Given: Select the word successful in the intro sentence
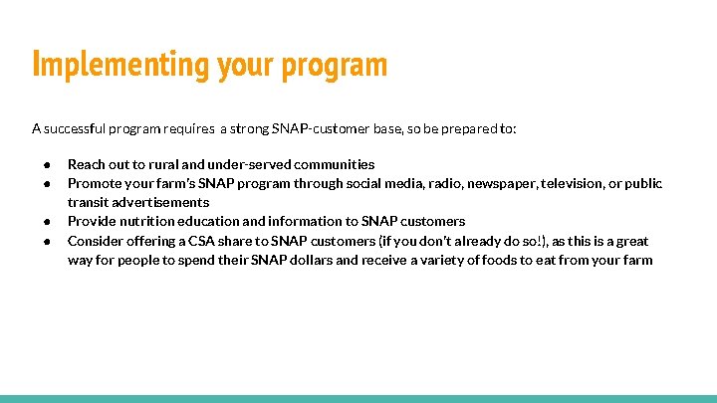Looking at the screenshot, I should (x=80, y=128).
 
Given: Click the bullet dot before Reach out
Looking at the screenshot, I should (x=46, y=164).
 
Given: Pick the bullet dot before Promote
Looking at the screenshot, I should (x=46, y=183).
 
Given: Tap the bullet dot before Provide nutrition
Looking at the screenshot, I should (x=46, y=222).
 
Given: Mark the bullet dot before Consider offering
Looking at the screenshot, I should (x=46, y=241).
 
